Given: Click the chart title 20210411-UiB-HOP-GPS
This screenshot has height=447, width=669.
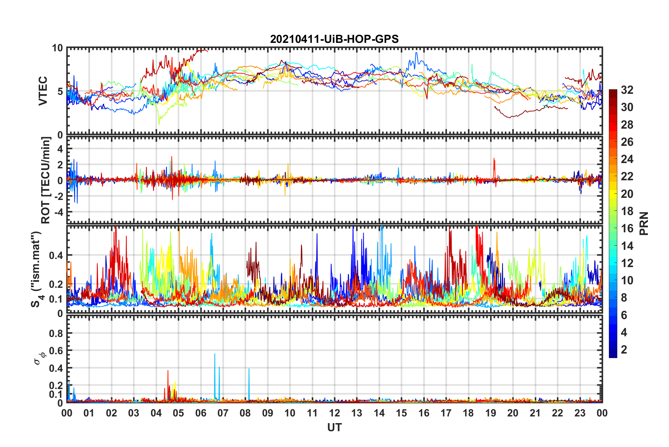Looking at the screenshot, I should pyautogui.click(x=334, y=39).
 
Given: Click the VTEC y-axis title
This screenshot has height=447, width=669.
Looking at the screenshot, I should pyautogui.click(x=43, y=91).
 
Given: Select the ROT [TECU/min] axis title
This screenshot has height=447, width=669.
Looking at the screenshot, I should pyautogui.click(x=46, y=180).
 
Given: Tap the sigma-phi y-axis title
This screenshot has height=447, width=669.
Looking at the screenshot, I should pyautogui.click(x=38, y=358).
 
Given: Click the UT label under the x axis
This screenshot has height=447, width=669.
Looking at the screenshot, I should pyautogui.click(x=334, y=427).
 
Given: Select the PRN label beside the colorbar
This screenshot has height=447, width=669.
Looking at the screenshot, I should pyautogui.click(x=644, y=223).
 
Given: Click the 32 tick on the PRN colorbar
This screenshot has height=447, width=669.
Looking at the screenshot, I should pyautogui.click(x=627, y=90).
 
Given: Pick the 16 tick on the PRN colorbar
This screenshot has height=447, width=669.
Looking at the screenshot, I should pyautogui.click(x=627, y=228).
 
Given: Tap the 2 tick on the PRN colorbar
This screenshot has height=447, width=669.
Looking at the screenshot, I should pyautogui.click(x=624, y=350).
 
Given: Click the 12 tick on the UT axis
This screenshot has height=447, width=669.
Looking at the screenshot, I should pyautogui.click(x=334, y=413).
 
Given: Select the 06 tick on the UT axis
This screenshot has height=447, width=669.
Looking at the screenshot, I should pyautogui.click(x=201, y=413).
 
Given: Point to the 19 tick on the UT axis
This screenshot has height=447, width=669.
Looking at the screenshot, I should pyautogui.click(x=491, y=413).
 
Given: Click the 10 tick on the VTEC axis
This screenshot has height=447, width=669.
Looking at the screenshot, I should pyautogui.click(x=57, y=48).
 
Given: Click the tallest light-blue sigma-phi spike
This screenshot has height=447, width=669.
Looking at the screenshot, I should pyautogui.click(x=215, y=354).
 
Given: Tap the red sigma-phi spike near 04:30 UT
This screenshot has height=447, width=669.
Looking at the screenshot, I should pyautogui.click(x=168, y=371).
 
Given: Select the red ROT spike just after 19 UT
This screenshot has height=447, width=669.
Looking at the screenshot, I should pyautogui.click(x=494, y=159).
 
